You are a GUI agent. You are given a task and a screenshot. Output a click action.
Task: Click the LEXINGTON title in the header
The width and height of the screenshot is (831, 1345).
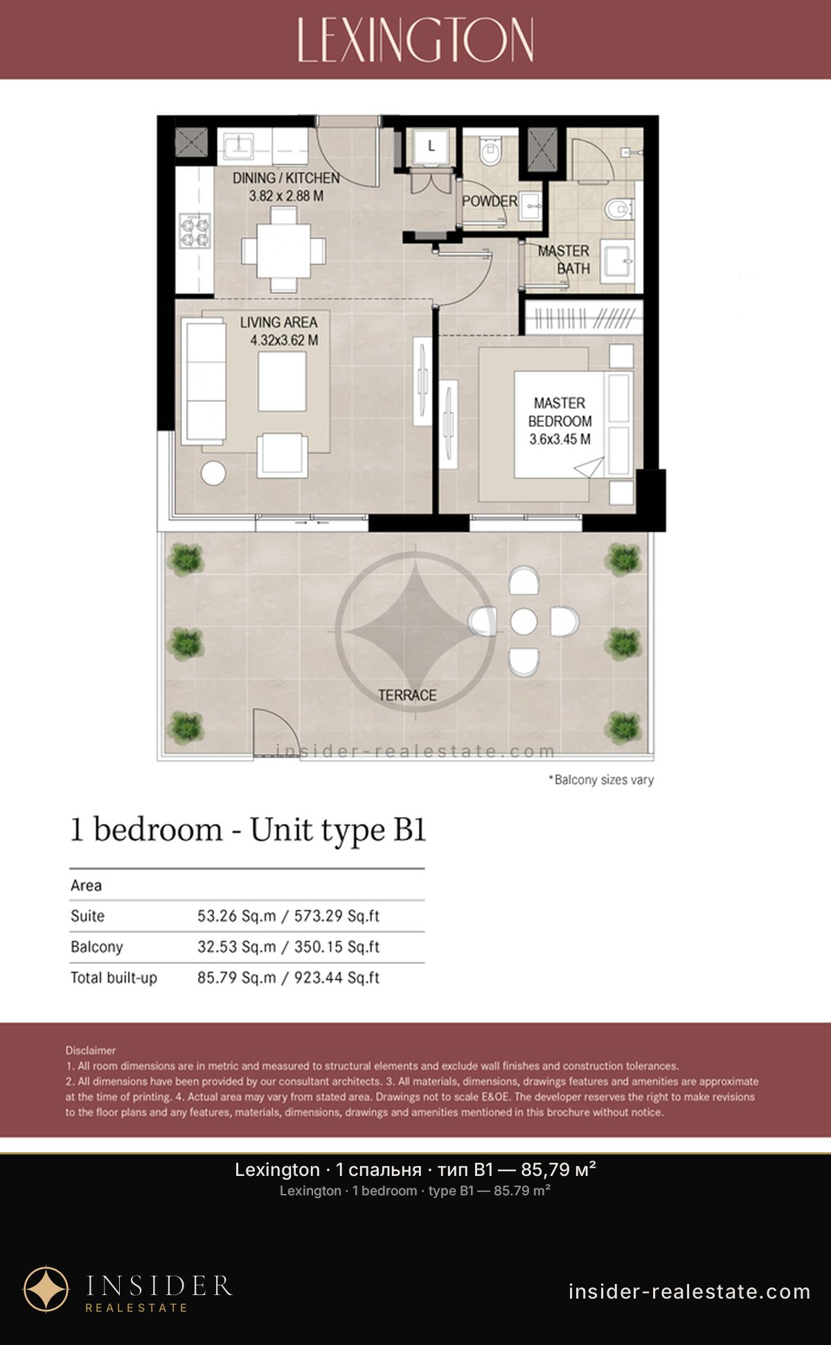(x=415, y=40)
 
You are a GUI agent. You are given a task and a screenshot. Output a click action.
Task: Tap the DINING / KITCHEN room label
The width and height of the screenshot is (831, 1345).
(x=286, y=178)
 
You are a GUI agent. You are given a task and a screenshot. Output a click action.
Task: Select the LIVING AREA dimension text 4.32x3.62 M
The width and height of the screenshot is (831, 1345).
(x=284, y=340)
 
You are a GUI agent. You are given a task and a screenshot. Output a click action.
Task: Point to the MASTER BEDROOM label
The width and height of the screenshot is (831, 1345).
(x=560, y=412)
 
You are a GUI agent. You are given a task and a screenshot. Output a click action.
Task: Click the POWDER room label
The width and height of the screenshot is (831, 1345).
(x=490, y=201)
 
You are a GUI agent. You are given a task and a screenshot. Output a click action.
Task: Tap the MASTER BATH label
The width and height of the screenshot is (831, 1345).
(x=564, y=259)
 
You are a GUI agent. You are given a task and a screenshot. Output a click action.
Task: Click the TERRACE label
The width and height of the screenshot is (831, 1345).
(x=407, y=695)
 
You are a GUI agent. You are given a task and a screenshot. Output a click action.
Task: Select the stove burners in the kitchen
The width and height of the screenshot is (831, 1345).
(x=195, y=231)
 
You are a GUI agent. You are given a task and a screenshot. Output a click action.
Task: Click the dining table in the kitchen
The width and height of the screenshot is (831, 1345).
(x=284, y=249)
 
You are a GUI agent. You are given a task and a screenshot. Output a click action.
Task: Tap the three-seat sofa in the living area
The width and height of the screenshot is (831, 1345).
(x=204, y=381)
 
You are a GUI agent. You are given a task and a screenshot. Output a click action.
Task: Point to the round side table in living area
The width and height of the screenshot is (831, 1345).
(x=213, y=473)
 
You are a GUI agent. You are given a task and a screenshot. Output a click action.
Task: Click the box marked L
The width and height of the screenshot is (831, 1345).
(x=431, y=146)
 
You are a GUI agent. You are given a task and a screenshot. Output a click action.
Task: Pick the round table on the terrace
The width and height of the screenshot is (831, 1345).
(x=524, y=622)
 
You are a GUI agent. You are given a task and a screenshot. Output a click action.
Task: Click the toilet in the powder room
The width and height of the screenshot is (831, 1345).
(x=490, y=151)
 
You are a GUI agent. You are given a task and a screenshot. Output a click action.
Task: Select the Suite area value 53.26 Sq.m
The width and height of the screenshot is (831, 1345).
(x=236, y=916)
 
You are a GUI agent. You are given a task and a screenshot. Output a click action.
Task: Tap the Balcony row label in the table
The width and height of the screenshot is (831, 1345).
(x=96, y=947)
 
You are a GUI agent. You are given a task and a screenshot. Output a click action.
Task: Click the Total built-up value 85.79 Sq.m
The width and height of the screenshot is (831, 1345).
(x=236, y=978)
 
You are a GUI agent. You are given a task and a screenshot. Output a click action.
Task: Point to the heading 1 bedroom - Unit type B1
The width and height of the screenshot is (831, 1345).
(x=248, y=830)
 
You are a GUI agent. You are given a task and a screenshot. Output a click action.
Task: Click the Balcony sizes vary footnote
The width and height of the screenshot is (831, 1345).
(x=601, y=780)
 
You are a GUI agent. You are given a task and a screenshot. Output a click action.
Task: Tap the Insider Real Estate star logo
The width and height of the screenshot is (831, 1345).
(x=46, y=1290)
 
